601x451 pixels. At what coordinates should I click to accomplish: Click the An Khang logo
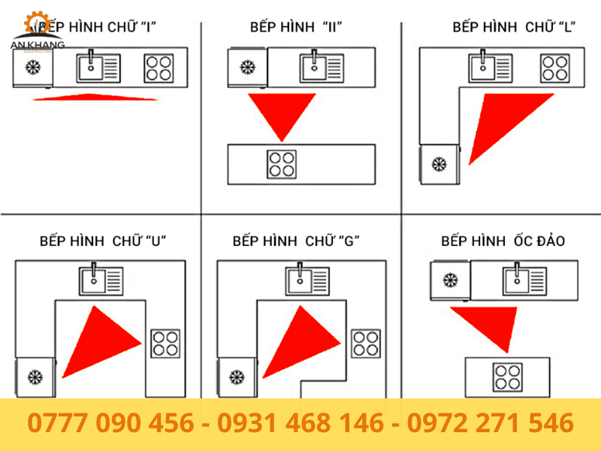pos(35,34)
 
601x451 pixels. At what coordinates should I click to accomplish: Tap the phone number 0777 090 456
pos(110,422)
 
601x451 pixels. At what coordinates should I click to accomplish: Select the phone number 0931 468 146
pos(300,422)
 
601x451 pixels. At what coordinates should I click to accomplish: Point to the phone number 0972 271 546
pos(491,422)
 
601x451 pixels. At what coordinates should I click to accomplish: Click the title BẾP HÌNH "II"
pos(296,27)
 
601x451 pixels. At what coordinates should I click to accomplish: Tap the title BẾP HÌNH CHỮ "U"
pos(103,241)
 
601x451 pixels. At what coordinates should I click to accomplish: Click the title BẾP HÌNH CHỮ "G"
pos(296,241)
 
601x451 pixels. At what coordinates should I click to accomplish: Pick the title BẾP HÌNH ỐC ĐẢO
pos(503,241)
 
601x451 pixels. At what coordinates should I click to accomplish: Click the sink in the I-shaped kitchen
pos(98,68)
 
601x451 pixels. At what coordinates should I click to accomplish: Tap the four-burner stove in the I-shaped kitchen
pos(159,68)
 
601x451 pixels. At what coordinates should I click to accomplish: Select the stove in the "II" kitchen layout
pos(281,164)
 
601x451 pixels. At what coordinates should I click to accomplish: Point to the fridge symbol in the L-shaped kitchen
pos(438,163)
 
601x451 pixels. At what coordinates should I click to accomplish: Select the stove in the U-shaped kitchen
pos(165,343)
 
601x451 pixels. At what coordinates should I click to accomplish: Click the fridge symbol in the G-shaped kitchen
pos(237,377)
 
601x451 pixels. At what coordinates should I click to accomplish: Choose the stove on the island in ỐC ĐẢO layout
pos(507,376)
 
